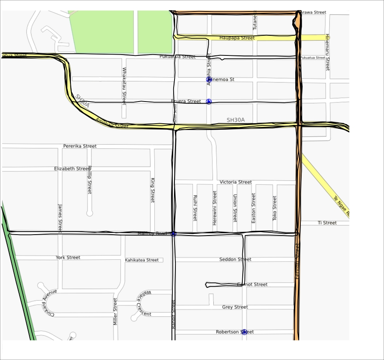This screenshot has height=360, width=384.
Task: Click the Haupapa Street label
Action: click(x=237, y=38)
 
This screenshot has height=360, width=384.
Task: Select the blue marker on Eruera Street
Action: click(x=209, y=101)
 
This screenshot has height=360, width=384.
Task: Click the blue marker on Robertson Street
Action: click(x=244, y=331)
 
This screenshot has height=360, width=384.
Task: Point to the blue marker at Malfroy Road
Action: click(x=174, y=234)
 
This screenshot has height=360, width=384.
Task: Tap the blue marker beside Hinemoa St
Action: click(x=209, y=79)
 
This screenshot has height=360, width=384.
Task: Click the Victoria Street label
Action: click(x=236, y=182)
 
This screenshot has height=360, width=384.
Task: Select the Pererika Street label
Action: click(x=80, y=146)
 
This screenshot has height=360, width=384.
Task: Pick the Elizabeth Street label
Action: click(x=72, y=168)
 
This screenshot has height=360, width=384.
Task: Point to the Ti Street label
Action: click(x=327, y=223)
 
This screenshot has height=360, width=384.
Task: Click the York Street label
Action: click(x=68, y=258)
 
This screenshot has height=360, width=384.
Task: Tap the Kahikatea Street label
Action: click(x=142, y=260)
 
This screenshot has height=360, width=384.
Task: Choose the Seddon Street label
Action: click(x=235, y=259)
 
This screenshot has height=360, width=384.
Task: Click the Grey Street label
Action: click(x=235, y=307)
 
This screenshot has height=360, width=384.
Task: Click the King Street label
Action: click(x=152, y=190)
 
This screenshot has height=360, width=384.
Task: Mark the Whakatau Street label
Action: click(x=124, y=87)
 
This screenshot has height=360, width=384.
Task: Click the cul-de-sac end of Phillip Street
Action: click(x=90, y=212)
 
